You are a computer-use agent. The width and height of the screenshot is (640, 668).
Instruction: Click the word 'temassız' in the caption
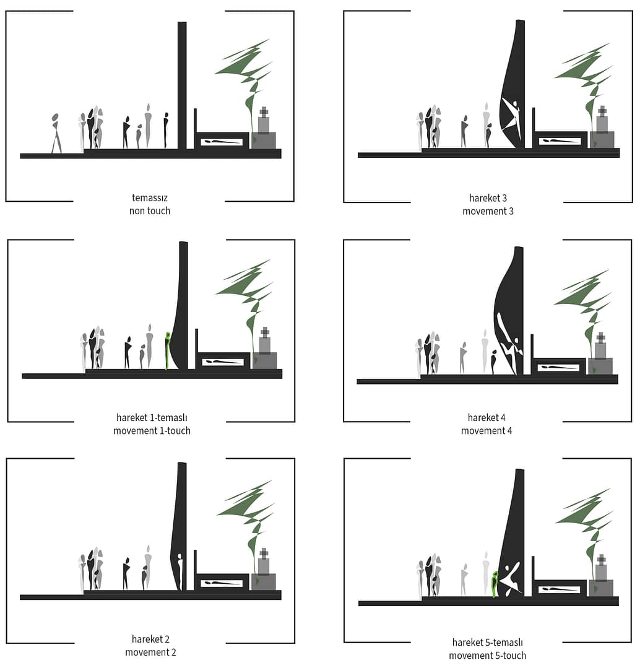[x=149, y=197]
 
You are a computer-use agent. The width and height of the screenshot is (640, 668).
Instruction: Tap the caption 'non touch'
[x=149, y=211]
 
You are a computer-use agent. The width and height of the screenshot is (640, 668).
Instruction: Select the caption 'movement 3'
[x=488, y=211]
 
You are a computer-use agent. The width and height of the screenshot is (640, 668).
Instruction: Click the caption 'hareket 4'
[x=486, y=417]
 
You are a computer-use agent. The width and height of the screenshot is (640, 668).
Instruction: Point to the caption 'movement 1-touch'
[x=152, y=431]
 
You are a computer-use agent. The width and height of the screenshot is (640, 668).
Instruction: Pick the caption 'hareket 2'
[x=151, y=639]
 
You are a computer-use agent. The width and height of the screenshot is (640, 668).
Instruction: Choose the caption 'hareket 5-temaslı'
[x=488, y=643]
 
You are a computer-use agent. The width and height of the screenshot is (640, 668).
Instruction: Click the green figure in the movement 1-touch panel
[x=168, y=350]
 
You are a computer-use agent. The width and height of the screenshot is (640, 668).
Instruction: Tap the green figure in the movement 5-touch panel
[x=495, y=584]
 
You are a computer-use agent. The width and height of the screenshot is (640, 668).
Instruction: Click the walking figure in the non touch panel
[x=55, y=133]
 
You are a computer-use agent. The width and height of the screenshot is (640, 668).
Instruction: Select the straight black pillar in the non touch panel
[x=182, y=85]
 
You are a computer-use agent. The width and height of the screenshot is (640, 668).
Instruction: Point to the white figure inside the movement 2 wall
[x=179, y=571]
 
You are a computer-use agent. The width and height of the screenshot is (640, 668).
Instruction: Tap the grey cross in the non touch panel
[x=264, y=112]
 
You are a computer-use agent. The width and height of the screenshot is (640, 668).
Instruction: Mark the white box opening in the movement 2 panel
[x=222, y=583]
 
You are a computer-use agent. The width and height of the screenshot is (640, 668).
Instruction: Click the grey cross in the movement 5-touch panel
[x=601, y=560]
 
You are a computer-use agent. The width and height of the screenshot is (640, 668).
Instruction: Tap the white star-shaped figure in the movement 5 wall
[x=509, y=578]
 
